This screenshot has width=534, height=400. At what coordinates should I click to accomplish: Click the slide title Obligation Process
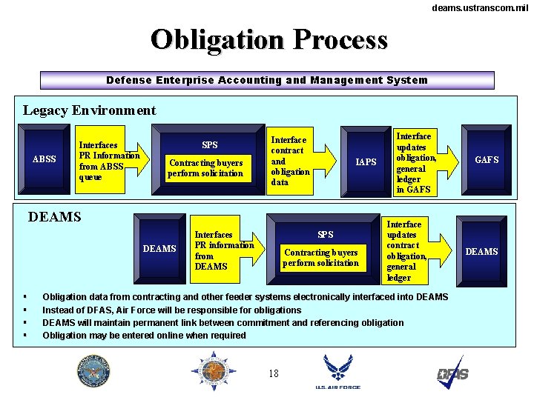point(268,39)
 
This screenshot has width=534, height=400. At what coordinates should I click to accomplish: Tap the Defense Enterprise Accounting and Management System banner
point(267,80)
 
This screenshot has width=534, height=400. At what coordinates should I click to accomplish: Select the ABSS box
point(45,159)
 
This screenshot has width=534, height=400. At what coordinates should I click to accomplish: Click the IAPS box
point(366,161)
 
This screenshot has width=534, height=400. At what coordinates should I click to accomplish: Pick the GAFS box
point(487,159)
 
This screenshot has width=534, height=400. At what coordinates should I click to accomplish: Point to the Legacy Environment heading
point(89,111)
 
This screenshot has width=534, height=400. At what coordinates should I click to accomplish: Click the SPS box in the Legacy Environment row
point(210,160)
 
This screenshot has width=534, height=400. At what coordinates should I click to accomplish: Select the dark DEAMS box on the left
point(159,249)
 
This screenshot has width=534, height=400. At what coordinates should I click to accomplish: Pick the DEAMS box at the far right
point(481,252)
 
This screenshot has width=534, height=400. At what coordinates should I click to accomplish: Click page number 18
point(274,374)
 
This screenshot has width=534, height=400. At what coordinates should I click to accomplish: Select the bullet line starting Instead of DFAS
point(171,310)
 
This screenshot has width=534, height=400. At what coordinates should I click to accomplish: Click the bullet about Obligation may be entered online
point(144,336)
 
